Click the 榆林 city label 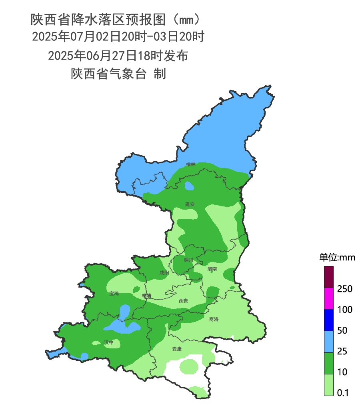pyautogui.click(x=191, y=164)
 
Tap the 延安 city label pyautogui.click(x=190, y=204)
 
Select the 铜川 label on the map pyautogui.click(x=188, y=260)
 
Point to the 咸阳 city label pyautogui.click(x=164, y=273)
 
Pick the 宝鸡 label pyautogui.click(x=114, y=294)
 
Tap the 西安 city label pyautogui.click(x=183, y=300)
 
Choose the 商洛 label pyautogui.click(x=214, y=319)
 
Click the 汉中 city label pyautogui.click(x=109, y=342)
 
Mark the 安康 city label pyautogui.click(x=177, y=349)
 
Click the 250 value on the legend pyautogui.click(x=344, y=289)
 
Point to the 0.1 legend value pyautogui.click(x=343, y=393)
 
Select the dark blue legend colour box pyautogui.click(x=328, y=320)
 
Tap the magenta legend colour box pyautogui.click(x=328, y=299)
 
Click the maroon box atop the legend pyautogui.click(x=328, y=277)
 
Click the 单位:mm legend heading pyautogui.click(x=337, y=257)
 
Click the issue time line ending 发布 pyautogui.click(x=118, y=56)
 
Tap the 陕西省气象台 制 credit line pyautogui.click(x=118, y=74)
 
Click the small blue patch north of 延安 pyautogui.click(x=189, y=186)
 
